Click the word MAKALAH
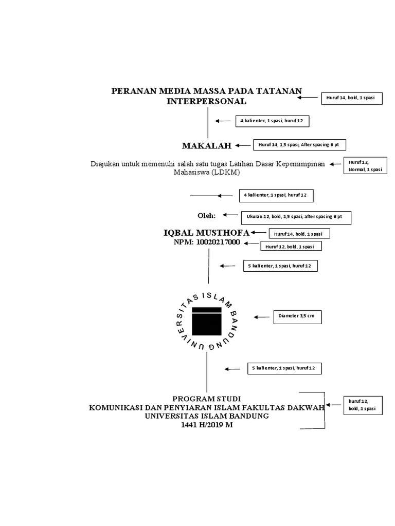(207, 146)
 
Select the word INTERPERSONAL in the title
(207, 102)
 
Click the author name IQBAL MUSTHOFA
(206, 233)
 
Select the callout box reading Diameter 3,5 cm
(297, 317)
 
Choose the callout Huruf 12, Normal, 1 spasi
(365, 165)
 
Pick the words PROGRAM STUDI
(206, 399)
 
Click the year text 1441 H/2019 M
(207, 425)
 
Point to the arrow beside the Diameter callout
(262, 317)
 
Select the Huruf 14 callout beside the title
(352, 97)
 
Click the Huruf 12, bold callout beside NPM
(293, 247)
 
